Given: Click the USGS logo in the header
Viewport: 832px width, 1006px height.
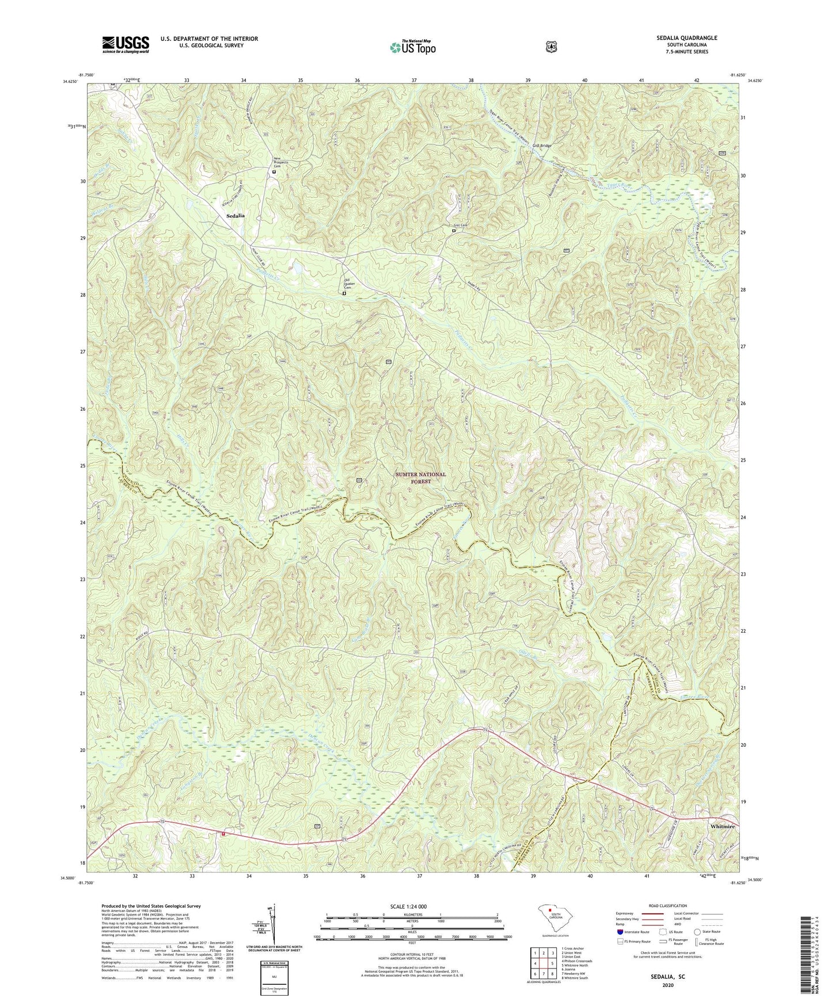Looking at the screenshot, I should pos(126,44).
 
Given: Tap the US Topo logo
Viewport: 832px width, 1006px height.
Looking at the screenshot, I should pos(412,48).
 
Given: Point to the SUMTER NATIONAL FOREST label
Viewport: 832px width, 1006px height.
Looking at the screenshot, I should pos(420,478).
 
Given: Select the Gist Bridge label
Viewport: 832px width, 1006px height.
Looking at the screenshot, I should pos(542,146).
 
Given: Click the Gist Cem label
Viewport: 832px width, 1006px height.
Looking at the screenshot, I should pos(459,225).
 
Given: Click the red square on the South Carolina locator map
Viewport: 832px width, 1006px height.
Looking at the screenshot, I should pos(550,911).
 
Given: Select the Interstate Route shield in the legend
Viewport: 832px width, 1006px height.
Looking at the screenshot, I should pos(620,931).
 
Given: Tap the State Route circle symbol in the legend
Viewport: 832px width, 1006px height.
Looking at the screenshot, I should pos(697,931).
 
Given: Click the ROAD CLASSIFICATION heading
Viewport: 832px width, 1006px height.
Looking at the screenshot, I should pos(667,906).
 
